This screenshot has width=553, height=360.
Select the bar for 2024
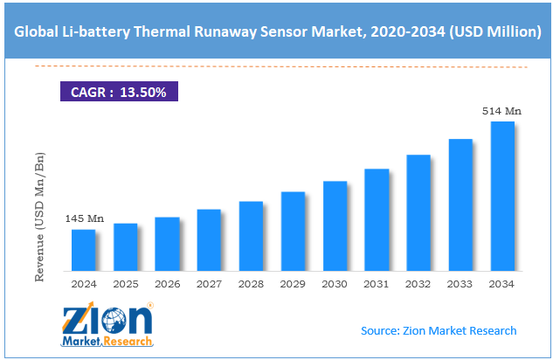83,250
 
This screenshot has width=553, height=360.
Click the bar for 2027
209,240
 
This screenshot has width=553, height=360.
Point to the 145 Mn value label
84,218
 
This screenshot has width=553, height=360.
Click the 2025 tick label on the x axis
125,284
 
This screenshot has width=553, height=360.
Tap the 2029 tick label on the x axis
293,284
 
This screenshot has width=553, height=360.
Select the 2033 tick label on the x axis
460,284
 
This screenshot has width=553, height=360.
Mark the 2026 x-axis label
167,284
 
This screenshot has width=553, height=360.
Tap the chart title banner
276,33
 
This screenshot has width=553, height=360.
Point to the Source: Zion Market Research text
439,330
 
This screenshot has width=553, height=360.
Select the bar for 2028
251,236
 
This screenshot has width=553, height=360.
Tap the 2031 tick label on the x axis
377,284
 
